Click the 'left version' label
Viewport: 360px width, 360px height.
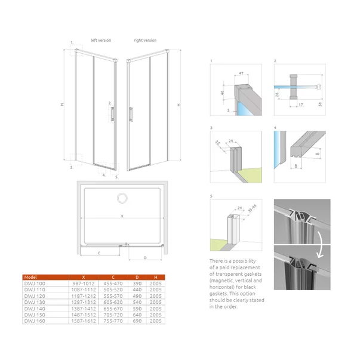point(101,41)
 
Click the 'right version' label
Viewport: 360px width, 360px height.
point(145,41)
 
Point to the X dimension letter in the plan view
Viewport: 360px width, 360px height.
point(122,216)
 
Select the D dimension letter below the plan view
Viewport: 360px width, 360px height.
point(146,258)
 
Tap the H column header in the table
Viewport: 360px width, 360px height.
point(156,278)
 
